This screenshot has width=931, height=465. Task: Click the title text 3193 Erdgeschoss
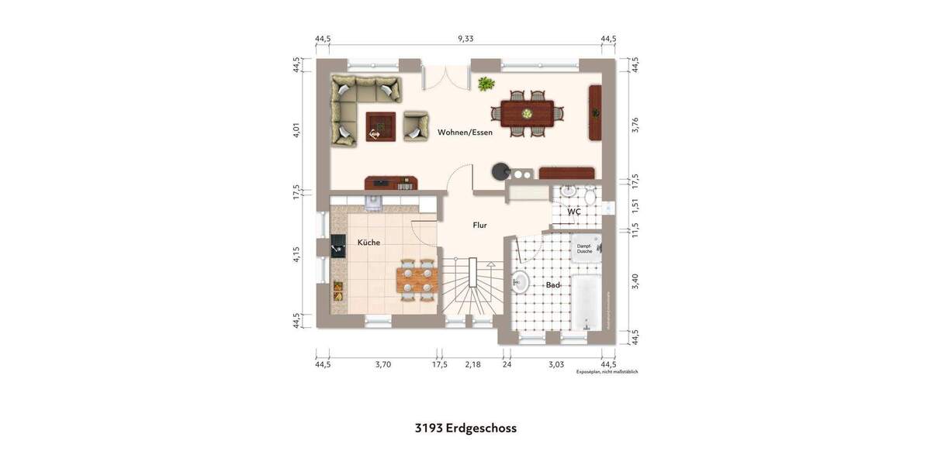(x=465, y=428)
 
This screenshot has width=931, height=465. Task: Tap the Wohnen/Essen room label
(x=465, y=133)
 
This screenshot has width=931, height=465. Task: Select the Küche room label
(x=369, y=243)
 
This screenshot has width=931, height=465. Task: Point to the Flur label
(x=480, y=225)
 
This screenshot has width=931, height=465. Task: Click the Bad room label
(x=552, y=285)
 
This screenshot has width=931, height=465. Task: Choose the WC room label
(x=574, y=212)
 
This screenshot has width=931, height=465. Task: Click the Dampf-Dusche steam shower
(x=584, y=249)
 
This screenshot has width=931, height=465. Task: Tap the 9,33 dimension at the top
(x=465, y=38)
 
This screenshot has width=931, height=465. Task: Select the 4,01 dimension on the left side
(x=296, y=129)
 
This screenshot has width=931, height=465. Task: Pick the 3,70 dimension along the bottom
(x=383, y=363)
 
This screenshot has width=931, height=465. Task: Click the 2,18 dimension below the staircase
(x=472, y=363)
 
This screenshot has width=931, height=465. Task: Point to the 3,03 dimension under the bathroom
(x=556, y=363)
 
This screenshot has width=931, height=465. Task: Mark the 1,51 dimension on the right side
(x=635, y=205)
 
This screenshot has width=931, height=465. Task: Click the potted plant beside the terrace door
(x=486, y=84)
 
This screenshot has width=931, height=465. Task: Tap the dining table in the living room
(x=527, y=113)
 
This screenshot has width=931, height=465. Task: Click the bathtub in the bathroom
(x=586, y=298)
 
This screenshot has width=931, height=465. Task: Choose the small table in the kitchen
(x=417, y=279)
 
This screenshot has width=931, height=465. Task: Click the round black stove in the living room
(x=500, y=170)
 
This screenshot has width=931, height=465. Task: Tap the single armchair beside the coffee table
(x=415, y=126)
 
